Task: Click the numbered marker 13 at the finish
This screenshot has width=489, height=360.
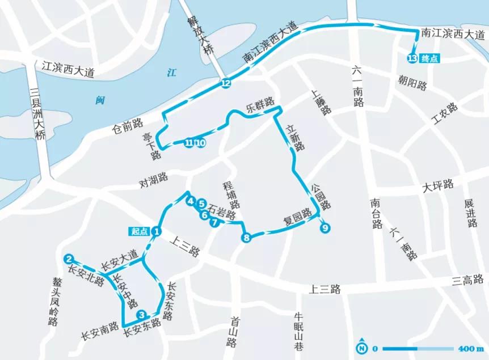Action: point(412,58)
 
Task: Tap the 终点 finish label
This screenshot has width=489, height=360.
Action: point(430,58)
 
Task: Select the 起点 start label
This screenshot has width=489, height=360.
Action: point(140,231)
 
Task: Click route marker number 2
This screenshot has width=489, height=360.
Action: point(69,259)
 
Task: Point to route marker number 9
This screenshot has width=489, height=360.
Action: point(324,228)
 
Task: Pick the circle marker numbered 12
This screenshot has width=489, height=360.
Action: point(226,84)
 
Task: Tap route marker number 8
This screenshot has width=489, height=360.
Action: point(246,238)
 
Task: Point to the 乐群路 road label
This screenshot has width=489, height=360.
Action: point(260,106)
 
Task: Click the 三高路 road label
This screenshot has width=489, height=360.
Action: point(467,279)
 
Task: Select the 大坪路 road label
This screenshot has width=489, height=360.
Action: point(439,184)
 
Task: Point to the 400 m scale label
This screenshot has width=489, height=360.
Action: point(469,348)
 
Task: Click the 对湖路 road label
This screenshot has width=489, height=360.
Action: point(155,181)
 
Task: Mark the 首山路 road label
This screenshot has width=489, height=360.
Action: point(231,331)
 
